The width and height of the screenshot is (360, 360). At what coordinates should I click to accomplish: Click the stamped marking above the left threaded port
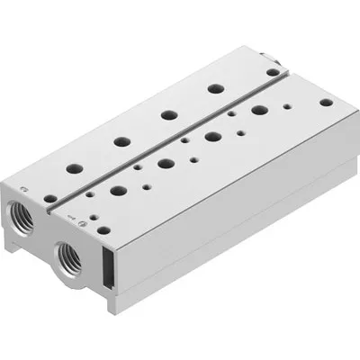pyautogui.click(x=24, y=190)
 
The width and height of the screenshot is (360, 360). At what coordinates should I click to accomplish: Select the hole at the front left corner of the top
pyautogui.click(x=50, y=198)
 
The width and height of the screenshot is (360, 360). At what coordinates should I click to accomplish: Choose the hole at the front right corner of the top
pyautogui.click(x=105, y=230)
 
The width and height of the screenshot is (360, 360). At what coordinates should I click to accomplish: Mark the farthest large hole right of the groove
pyautogui.click(x=260, y=111)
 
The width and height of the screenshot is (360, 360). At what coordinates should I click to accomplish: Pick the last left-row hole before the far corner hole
pyautogui.click(x=215, y=88)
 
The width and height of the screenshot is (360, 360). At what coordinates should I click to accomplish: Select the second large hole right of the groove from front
pyautogui.click(x=166, y=164)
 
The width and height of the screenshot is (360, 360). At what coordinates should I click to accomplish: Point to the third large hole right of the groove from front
pyautogui.click(x=214, y=137)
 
